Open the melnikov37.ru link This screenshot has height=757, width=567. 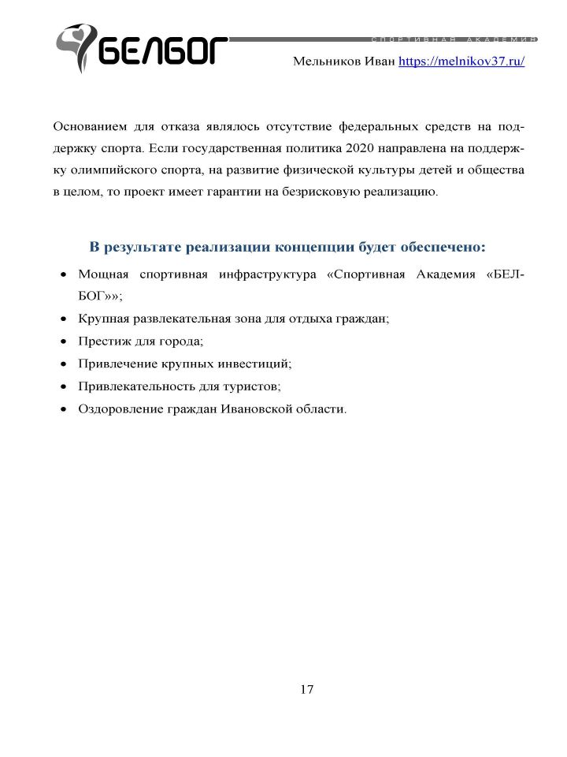(x=461, y=62)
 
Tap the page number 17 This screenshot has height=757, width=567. (x=306, y=689)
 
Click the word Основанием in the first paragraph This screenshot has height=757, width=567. (x=89, y=126)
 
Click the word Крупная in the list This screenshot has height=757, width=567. (x=102, y=319)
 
